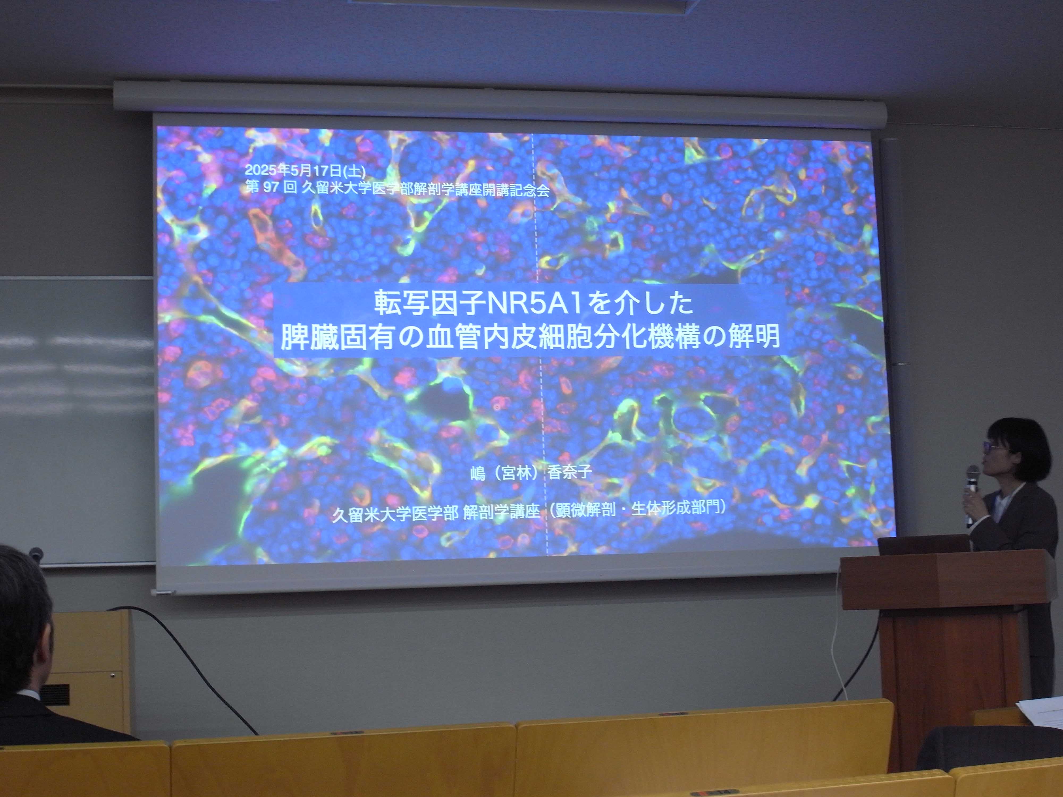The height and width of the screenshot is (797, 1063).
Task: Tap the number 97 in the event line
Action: pyautogui.click(x=271, y=187)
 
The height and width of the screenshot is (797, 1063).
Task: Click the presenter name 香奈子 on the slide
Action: pyautogui.click(x=570, y=472)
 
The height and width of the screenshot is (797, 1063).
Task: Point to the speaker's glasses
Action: pyautogui.click(x=991, y=447)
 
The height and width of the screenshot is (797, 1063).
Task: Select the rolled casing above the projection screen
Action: pyautogui.click(x=500, y=99)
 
